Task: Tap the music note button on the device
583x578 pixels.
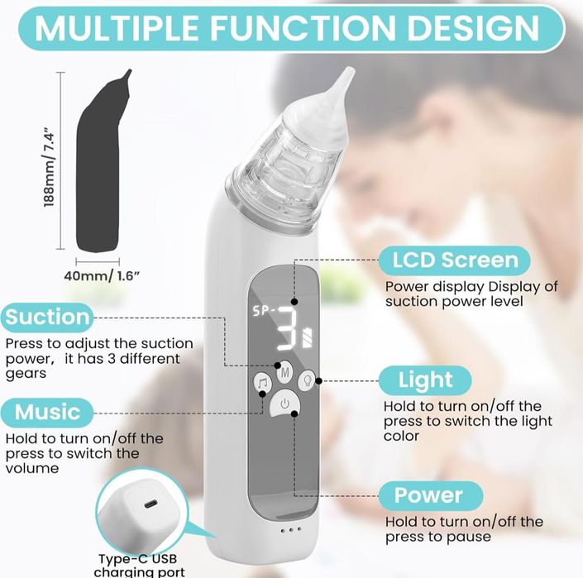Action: [x=261, y=383]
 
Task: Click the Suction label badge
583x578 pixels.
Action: [x=47, y=317]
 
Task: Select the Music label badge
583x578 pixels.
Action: [x=47, y=411]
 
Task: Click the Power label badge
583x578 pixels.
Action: [x=428, y=495]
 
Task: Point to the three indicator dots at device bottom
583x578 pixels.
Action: [x=290, y=530]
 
